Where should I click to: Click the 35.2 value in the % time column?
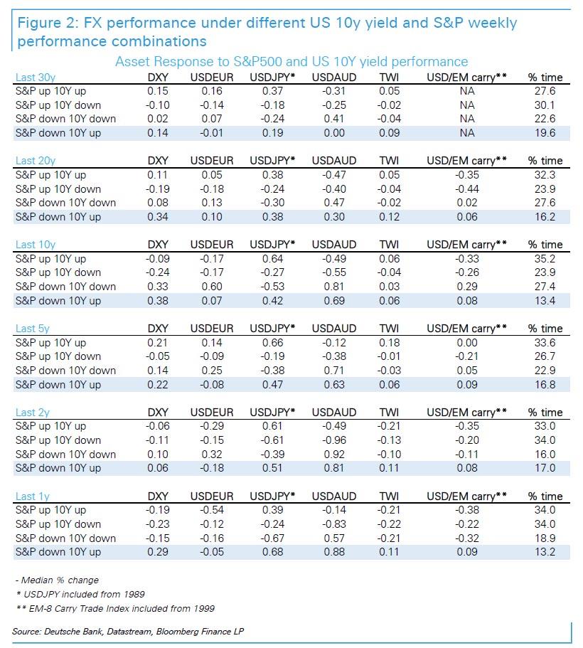545,258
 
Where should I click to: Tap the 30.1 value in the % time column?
545,105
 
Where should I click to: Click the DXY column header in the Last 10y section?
158,245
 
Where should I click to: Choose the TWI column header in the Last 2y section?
389,413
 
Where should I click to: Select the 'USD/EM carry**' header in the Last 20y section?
466,161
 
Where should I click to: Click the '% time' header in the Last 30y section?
545,77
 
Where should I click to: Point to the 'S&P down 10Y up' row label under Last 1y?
58,552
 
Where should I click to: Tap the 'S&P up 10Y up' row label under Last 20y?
51,174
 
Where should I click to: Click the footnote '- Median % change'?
57,580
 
